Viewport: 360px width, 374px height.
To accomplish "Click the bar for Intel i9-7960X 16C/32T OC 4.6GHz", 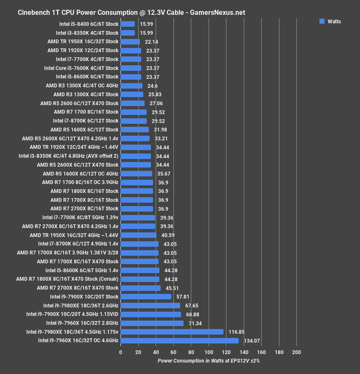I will tap(179, 341).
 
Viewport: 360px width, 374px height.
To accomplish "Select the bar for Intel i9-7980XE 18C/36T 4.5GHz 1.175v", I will tap(172, 332).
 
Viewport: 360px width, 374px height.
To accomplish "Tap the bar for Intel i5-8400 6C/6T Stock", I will tap(128, 24).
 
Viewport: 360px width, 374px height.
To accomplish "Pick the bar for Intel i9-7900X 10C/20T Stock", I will tap(146, 297).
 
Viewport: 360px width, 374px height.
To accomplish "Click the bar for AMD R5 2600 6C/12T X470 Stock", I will tap(132, 103).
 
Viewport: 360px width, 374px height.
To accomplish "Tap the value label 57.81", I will tap(183, 297).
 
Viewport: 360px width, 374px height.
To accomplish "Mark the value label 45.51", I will tap(172, 288).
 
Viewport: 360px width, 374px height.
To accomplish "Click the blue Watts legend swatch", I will tap(322, 21).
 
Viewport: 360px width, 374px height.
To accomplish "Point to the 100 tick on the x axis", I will tap(209, 352).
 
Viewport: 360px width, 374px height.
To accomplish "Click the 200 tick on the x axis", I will tap(296, 352).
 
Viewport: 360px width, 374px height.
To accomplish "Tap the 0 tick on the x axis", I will tap(121, 352).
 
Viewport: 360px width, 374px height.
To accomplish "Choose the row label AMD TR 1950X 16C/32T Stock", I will tap(83, 42).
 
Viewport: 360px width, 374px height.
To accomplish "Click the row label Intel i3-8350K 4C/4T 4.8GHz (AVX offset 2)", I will tap(69, 156).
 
